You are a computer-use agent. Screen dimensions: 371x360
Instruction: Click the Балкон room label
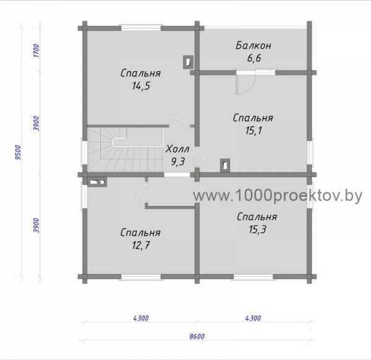[x=254, y=45]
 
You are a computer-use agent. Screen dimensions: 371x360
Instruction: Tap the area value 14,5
[x=141, y=86]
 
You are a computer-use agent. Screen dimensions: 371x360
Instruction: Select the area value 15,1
[x=254, y=131]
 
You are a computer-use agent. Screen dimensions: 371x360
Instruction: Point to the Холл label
[x=177, y=149]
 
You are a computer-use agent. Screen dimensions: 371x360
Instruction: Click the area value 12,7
[x=141, y=245]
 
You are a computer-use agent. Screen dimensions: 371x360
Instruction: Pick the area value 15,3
[x=257, y=229]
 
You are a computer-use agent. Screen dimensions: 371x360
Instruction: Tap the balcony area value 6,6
[x=254, y=58]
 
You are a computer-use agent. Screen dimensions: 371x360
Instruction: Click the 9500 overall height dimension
[x=18, y=152]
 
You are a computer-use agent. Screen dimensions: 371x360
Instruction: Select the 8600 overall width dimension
[x=197, y=336]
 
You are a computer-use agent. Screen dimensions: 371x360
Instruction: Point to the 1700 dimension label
[x=36, y=51]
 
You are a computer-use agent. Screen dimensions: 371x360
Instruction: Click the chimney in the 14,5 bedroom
[x=188, y=62]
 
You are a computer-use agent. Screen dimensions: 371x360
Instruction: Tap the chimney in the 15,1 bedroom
[x=225, y=165]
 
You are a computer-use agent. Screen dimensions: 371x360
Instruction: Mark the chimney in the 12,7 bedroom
[x=97, y=182]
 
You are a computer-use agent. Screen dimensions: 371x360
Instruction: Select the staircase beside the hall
[x=126, y=150]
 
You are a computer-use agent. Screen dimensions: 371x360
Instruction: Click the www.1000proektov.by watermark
[x=278, y=196]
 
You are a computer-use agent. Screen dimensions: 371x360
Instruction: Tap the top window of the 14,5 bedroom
[x=141, y=28]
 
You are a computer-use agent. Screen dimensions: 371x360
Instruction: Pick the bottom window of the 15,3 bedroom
[x=253, y=276]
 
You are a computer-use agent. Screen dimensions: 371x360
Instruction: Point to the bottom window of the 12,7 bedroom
[x=141, y=276]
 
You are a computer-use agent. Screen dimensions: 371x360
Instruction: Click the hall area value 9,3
[x=178, y=162]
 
